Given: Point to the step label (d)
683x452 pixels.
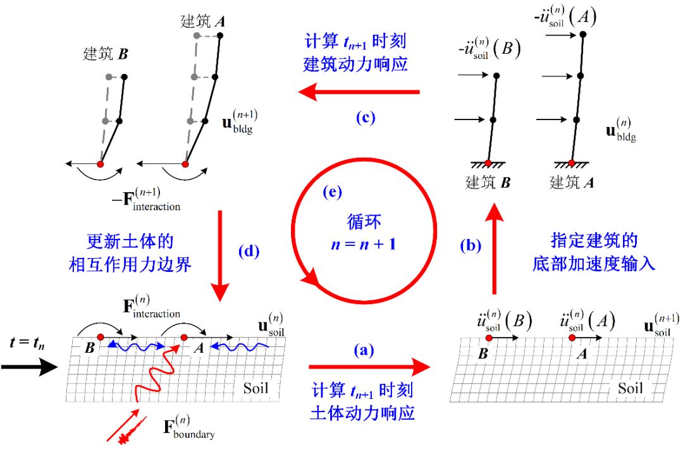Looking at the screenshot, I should (x=249, y=252).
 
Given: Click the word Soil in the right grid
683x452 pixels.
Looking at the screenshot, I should (x=630, y=388).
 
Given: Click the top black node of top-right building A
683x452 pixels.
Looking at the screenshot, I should (x=581, y=35).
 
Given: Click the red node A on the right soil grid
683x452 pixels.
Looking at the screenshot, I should (x=572, y=338).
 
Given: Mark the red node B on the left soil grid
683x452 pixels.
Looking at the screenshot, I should (x=100, y=337).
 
